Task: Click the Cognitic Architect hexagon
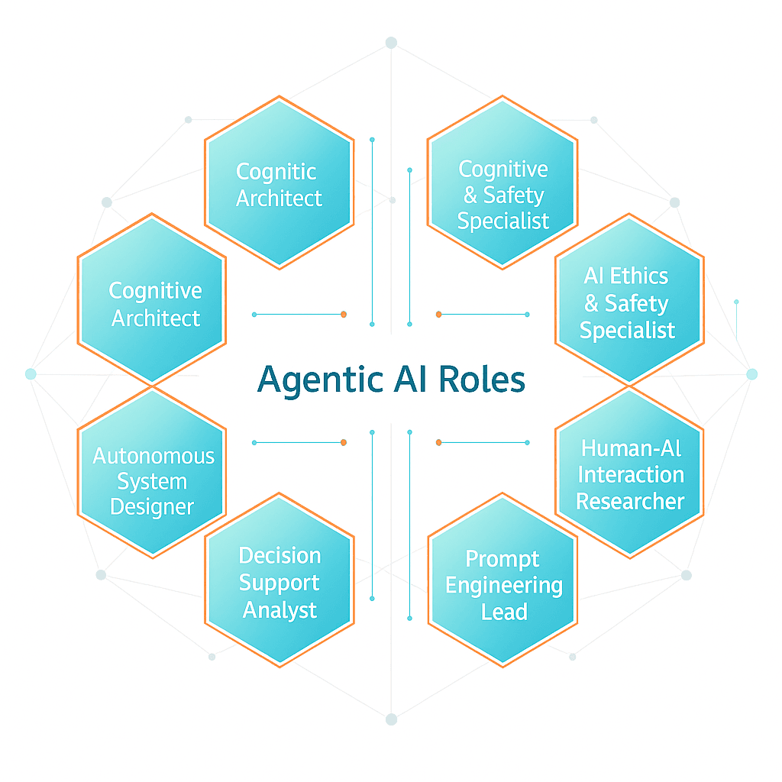(280, 183)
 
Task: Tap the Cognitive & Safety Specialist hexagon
(502, 183)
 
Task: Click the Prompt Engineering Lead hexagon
(502, 583)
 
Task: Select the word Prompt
(502, 558)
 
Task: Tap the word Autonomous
(153, 456)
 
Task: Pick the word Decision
(280, 555)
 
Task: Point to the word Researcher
(630, 501)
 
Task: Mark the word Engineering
(504, 586)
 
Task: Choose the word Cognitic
(276, 172)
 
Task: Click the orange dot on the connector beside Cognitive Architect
(344, 314)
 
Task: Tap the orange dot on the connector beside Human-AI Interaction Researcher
(438, 442)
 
